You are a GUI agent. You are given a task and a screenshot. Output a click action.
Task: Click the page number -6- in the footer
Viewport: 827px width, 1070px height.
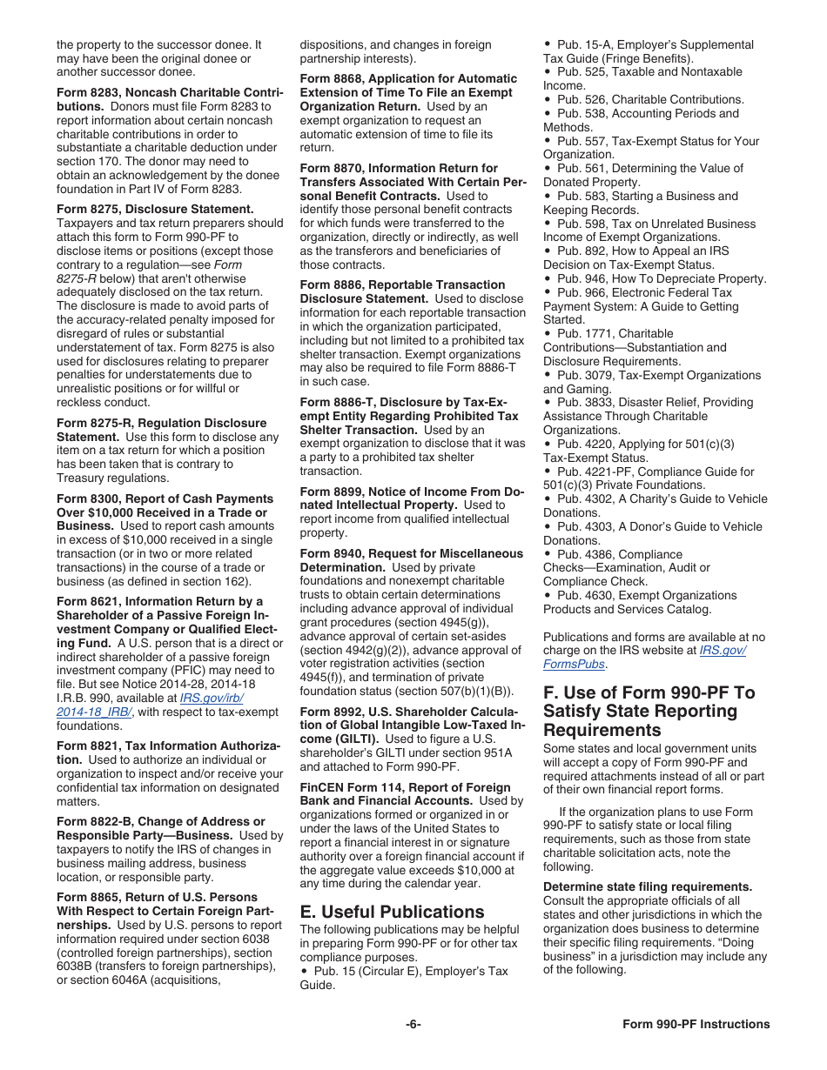tap(413, 1024)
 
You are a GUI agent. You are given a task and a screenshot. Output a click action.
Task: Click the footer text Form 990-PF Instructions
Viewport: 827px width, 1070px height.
tap(696, 1024)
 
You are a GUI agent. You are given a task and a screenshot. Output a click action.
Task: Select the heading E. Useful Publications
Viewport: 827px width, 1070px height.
tap(392, 912)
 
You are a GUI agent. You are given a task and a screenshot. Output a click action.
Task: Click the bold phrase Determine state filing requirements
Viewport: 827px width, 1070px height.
tap(648, 886)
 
